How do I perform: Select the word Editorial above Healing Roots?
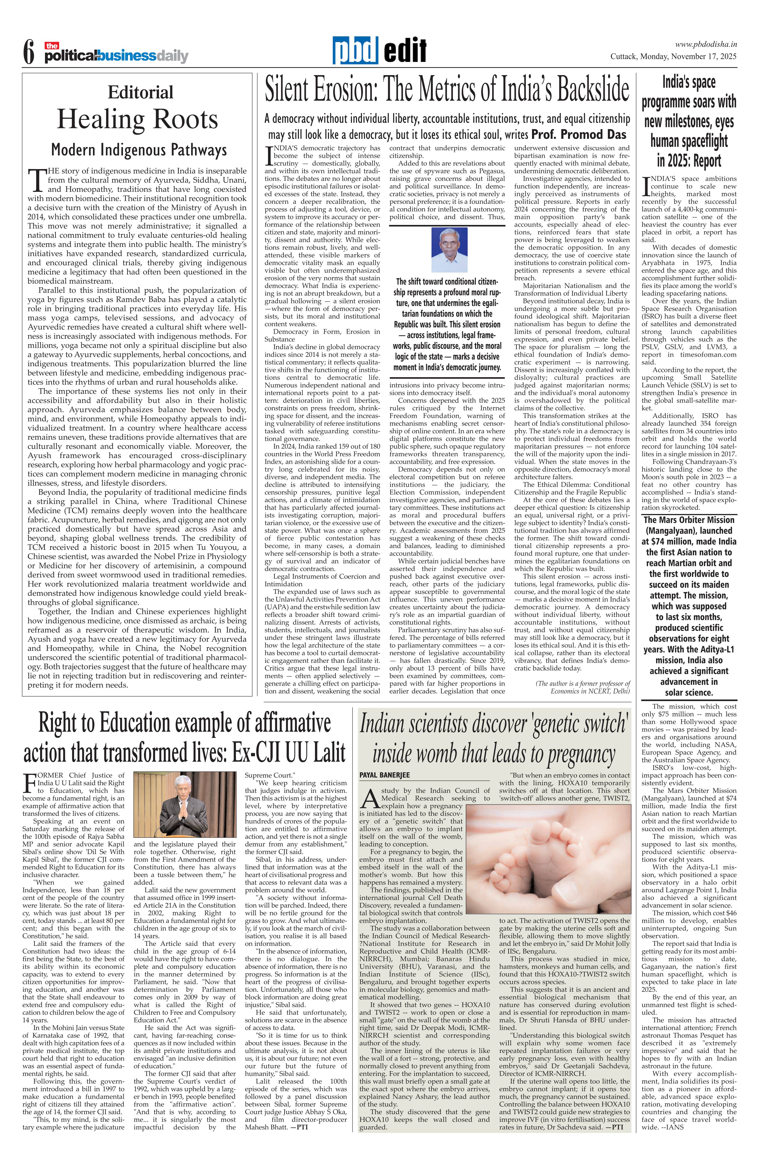pyautogui.click(x=140, y=92)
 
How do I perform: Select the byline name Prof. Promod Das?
pyautogui.click(x=579, y=134)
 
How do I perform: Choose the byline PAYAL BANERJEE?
pyautogui.click(x=384, y=775)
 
